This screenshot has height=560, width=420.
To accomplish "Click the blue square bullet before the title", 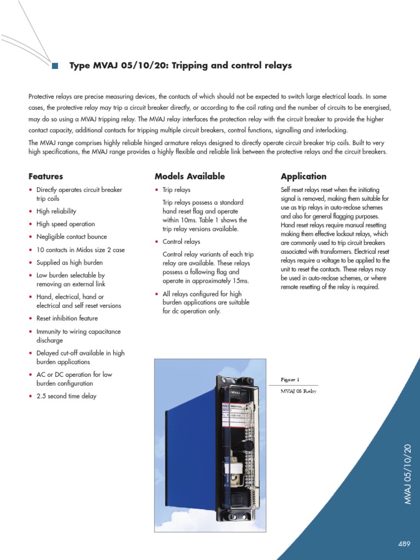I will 55,66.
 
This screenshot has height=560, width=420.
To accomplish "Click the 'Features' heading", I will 45,177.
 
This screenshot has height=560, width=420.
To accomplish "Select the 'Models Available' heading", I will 189,177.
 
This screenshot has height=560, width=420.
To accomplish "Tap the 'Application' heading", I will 303,177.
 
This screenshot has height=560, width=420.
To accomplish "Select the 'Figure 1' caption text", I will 290,379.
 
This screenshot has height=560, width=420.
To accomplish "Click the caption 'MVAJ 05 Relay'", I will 298,391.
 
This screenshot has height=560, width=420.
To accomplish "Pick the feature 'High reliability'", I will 56,211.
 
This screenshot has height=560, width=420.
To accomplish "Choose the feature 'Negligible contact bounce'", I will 71,237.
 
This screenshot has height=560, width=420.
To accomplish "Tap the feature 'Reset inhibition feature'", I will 67,318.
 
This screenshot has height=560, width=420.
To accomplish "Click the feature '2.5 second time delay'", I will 66,396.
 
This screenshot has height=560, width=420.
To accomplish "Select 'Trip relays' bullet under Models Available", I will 176,190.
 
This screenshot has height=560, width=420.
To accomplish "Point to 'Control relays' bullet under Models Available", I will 181,242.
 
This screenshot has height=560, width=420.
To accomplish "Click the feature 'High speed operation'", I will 65,224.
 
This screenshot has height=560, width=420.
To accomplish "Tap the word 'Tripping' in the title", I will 192,66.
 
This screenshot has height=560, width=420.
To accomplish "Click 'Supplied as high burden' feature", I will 69,262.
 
